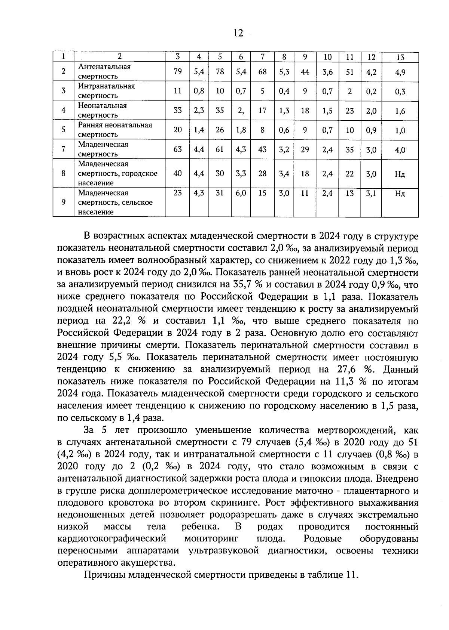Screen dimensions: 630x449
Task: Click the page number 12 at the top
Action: pyautogui.click(x=238, y=33)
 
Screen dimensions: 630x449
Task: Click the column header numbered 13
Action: pyautogui.click(x=400, y=57)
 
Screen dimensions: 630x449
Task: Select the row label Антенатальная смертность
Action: pyautogui.click(x=104, y=71)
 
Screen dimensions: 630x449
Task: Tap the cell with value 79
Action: pyautogui.click(x=178, y=71)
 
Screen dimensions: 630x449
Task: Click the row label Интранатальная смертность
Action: pyautogui.click(x=106, y=91)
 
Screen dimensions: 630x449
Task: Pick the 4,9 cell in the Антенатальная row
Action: pyautogui.click(x=400, y=72)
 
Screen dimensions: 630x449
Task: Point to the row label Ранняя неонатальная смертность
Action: pyautogui.click(x=115, y=130)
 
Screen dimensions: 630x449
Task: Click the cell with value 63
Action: pyautogui.click(x=178, y=149)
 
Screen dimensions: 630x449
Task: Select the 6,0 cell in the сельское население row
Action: pyautogui.click(x=241, y=194)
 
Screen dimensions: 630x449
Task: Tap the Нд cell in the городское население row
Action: pyautogui.click(x=400, y=174)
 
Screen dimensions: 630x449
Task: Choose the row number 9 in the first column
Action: pyautogui.click(x=64, y=202)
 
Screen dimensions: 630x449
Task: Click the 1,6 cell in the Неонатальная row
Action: pyautogui.click(x=400, y=111)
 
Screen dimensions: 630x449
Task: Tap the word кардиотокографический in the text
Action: pyautogui.click(x=112, y=539)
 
